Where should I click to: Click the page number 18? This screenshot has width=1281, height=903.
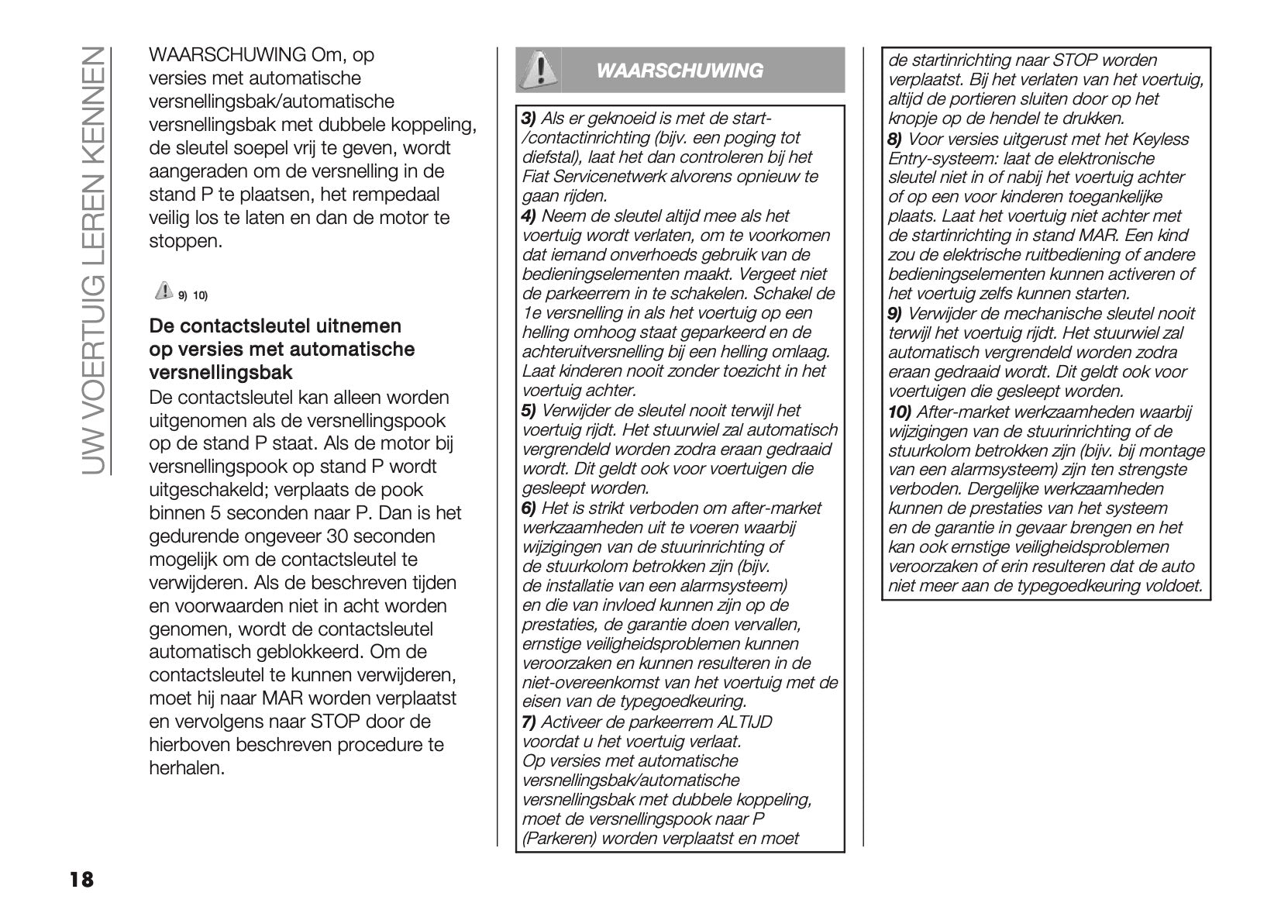click(81, 879)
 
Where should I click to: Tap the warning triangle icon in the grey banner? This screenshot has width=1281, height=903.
click(538, 70)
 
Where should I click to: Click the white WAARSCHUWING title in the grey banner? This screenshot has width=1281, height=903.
click(680, 71)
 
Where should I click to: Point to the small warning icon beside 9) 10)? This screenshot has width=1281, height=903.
click(164, 291)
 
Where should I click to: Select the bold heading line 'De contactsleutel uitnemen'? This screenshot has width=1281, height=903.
click(275, 326)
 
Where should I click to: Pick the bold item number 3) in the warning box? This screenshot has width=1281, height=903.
click(529, 119)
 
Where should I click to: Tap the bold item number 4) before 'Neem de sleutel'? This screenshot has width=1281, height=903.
click(529, 216)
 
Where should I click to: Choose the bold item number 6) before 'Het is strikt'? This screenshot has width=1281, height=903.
click(529, 508)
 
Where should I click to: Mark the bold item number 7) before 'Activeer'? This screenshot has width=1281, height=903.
click(529, 722)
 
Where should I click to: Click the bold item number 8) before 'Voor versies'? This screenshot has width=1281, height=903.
click(894, 140)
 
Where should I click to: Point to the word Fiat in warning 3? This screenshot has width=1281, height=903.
click(535, 177)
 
